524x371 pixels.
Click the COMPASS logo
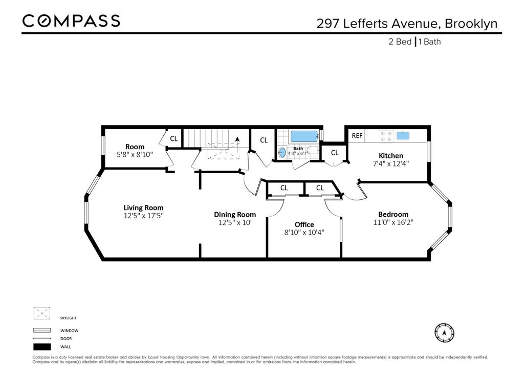71,21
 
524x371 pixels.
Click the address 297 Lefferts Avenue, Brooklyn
407,24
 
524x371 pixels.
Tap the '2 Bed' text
400,42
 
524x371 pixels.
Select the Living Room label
143,208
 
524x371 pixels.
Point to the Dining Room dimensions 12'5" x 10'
235,222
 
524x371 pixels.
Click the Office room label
304,224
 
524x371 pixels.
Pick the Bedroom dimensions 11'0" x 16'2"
393,222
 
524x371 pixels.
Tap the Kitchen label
390,156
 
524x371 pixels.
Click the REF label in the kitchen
357,136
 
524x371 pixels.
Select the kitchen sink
403,136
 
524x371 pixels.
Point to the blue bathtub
304,136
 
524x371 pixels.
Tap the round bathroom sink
282,152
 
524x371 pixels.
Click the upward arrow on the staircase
237,140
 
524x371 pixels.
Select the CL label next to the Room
173,138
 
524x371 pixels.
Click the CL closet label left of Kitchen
334,153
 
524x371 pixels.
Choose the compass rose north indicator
444,333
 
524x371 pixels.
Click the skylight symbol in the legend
42,313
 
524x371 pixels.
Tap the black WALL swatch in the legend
42,346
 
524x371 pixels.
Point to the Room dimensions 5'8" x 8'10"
135,154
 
